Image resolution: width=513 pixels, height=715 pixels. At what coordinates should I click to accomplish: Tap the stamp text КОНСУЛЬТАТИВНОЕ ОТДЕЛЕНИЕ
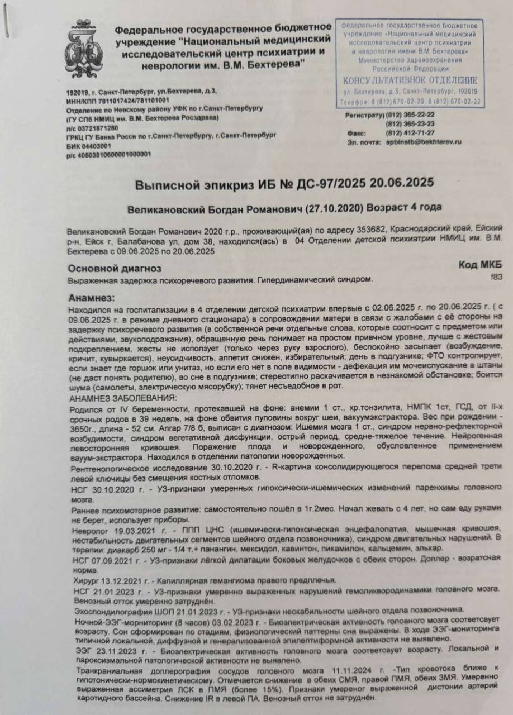point(410,80)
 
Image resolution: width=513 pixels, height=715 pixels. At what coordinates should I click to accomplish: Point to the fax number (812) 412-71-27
point(410,133)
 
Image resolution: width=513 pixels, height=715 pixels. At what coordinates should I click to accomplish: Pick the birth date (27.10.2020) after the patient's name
point(334,207)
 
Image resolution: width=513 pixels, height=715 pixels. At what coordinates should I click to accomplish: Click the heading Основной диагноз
point(115,269)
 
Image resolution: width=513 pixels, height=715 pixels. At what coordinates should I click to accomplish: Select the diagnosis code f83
point(496,276)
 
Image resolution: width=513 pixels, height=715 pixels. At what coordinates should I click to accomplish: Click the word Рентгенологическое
point(108,466)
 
